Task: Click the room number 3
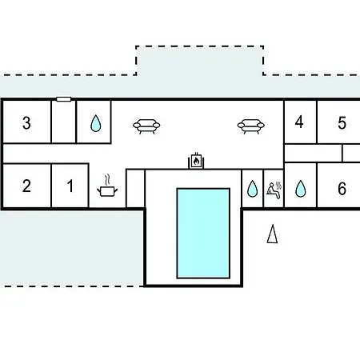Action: [x=26, y=123]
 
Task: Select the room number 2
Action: [x=26, y=186]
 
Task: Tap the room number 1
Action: [x=70, y=186]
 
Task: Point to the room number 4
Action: [x=299, y=122]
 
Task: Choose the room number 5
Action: [x=342, y=123]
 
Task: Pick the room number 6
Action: [x=342, y=189]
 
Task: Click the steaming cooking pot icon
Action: [x=107, y=186]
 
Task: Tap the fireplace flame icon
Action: [x=196, y=161]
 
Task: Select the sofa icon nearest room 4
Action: [x=251, y=126]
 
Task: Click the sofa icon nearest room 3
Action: [x=146, y=126]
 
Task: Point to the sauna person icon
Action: [x=274, y=190]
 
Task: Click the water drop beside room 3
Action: [x=96, y=123]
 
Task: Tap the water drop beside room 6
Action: [x=301, y=189]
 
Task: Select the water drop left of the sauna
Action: [x=252, y=189]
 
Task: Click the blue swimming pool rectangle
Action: [x=203, y=234]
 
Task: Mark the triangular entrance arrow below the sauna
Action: [x=272, y=234]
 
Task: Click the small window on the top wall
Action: [x=64, y=99]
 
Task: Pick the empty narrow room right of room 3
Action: [x=64, y=122]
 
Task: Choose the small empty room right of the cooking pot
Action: [x=135, y=188]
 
